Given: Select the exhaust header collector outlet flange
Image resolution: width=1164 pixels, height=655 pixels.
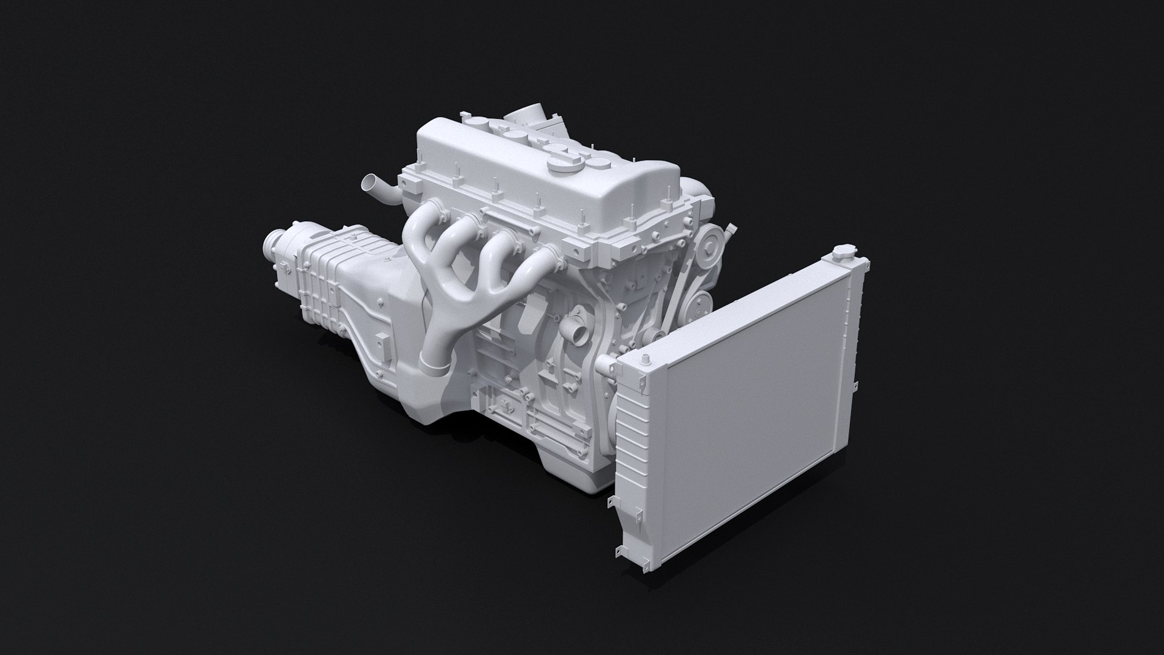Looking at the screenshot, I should [x=437, y=381].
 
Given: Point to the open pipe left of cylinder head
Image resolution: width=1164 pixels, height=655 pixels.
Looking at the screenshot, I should [x=370, y=183].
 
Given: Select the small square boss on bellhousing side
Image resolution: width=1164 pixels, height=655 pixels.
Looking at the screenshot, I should [x=383, y=342].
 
